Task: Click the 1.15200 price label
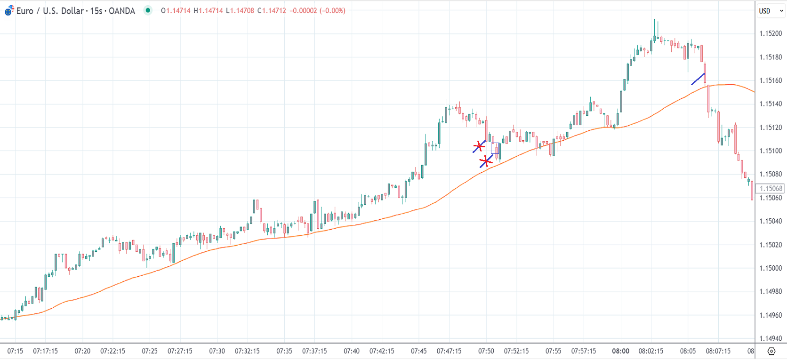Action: [771, 33]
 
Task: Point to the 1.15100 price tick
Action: [771, 151]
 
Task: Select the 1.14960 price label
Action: [771, 315]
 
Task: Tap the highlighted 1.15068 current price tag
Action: [771, 189]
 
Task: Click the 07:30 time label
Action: [217, 351]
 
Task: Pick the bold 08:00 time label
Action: [620, 351]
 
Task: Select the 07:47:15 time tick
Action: [449, 351]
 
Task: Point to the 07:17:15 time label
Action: [45, 351]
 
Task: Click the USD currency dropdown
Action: [771, 11]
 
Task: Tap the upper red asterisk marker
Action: [479, 147]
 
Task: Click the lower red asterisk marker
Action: [486, 162]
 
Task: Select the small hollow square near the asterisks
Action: [495, 148]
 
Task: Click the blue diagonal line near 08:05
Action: [698, 79]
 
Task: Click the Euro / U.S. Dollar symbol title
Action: [75, 11]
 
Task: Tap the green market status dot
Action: [148, 10]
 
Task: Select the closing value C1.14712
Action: [272, 11]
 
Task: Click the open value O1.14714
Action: [176, 11]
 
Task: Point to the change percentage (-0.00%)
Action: [332, 11]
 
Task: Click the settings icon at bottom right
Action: [771, 351]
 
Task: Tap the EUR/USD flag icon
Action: [9, 11]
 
